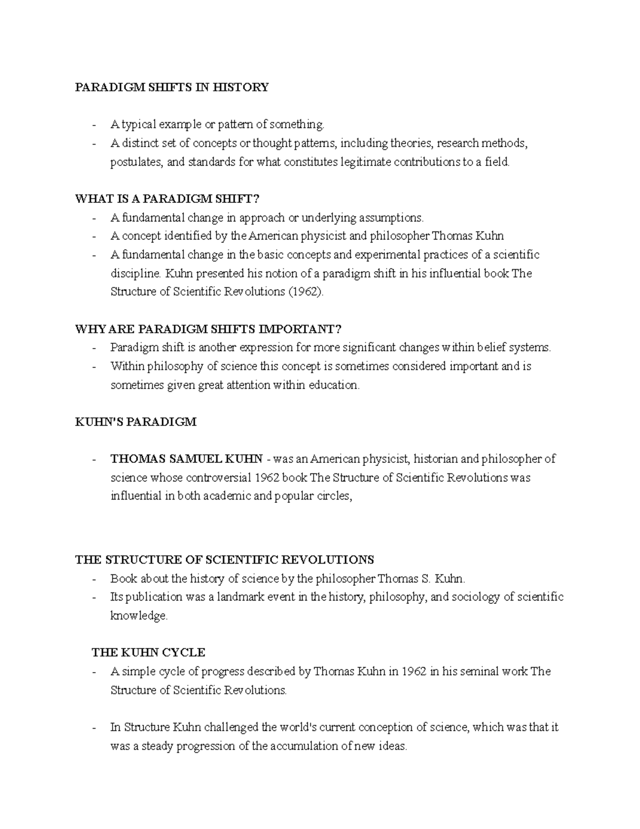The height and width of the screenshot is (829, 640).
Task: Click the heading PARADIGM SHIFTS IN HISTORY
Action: click(x=172, y=87)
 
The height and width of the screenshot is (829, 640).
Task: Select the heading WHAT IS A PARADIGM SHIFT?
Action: click(x=167, y=199)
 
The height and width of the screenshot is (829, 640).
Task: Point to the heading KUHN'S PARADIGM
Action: click(x=135, y=422)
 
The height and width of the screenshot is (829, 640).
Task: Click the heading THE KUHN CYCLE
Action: click(x=149, y=652)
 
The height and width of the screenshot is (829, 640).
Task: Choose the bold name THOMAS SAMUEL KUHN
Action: click(x=186, y=459)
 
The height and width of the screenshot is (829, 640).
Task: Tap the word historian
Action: click(x=436, y=459)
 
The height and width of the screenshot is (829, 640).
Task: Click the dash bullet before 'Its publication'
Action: click(x=94, y=597)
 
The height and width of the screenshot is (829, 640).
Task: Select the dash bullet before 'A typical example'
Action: click(x=94, y=125)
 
